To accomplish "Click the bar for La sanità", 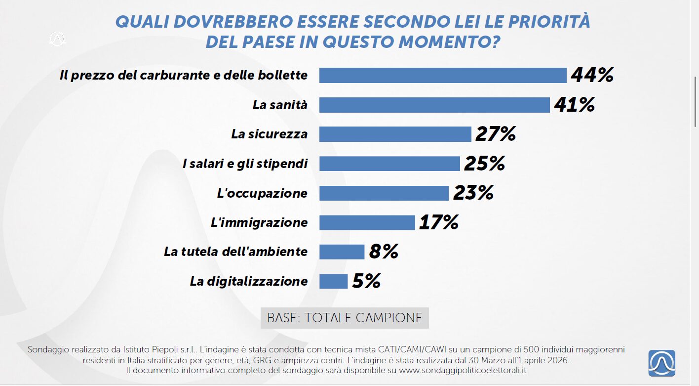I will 434,105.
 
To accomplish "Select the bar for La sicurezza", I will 395,134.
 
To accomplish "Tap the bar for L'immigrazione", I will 367,222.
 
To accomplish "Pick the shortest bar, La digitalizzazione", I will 333,281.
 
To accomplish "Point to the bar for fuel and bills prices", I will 443,75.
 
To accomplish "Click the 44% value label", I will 592,75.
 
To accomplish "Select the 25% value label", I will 484,164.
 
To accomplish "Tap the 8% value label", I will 384,252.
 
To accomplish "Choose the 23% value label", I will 473,193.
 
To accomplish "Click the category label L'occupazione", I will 262,193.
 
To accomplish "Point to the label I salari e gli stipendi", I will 245,164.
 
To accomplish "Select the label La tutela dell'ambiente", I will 235,252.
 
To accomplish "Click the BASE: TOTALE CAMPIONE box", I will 345,318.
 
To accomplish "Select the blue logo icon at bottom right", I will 661,363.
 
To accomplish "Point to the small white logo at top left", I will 58,39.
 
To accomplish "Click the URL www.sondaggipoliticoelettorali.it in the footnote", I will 462,370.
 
